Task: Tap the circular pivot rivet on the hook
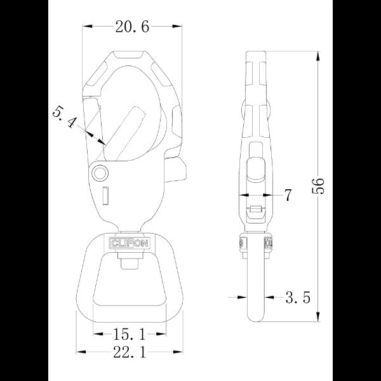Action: pyautogui.click(x=100, y=173)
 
